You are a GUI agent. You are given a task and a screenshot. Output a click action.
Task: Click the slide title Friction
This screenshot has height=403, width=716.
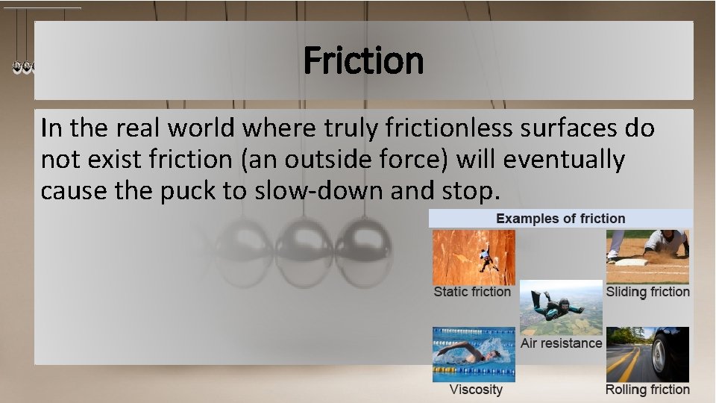(363, 61)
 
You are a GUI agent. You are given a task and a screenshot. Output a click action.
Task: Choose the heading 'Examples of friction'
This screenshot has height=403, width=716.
(561, 219)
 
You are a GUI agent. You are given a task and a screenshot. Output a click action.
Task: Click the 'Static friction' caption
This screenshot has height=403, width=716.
(472, 292)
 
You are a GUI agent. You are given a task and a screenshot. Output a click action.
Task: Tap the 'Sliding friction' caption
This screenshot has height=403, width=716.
(647, 292)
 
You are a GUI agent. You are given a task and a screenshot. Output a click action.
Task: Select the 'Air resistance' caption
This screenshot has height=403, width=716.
(561, 343)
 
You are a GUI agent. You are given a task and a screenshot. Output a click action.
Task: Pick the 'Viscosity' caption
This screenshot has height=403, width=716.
(476, 390)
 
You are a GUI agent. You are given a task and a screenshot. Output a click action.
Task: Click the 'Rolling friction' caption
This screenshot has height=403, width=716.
(647, 390)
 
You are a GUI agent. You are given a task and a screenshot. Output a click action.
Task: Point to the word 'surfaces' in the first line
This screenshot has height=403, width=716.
(559, 128)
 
